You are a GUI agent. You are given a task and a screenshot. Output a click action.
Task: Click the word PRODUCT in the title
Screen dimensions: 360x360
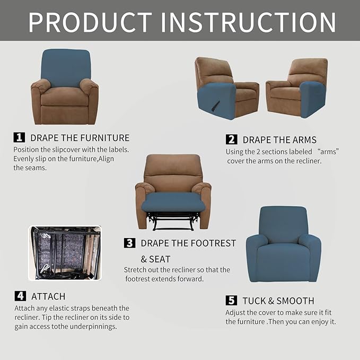90,22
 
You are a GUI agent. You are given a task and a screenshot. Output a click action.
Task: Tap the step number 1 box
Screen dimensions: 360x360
19,137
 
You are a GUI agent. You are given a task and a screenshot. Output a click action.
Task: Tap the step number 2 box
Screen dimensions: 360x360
231,139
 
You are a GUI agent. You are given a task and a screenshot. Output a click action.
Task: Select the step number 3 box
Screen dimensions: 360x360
129,243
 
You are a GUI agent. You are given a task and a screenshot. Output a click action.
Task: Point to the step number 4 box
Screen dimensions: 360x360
20,296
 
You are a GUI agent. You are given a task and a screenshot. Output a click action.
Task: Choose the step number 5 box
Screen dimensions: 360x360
231,301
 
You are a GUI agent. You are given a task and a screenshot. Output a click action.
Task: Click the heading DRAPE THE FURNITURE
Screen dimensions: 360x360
80,138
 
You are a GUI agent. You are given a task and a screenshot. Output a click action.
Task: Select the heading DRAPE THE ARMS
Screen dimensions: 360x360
279,140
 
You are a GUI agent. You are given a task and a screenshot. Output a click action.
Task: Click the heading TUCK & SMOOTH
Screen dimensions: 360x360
278,301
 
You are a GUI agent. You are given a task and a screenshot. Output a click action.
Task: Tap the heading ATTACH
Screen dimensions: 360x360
48,296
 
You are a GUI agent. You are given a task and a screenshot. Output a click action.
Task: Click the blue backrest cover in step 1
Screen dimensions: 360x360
66,68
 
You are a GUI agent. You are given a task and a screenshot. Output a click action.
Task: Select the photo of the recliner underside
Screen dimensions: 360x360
65,253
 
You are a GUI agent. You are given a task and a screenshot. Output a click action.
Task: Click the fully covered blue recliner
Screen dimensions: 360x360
283,244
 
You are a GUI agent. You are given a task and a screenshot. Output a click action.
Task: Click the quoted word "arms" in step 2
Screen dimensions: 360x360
329,152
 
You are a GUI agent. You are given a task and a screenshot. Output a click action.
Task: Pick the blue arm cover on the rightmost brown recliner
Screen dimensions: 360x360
312,98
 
